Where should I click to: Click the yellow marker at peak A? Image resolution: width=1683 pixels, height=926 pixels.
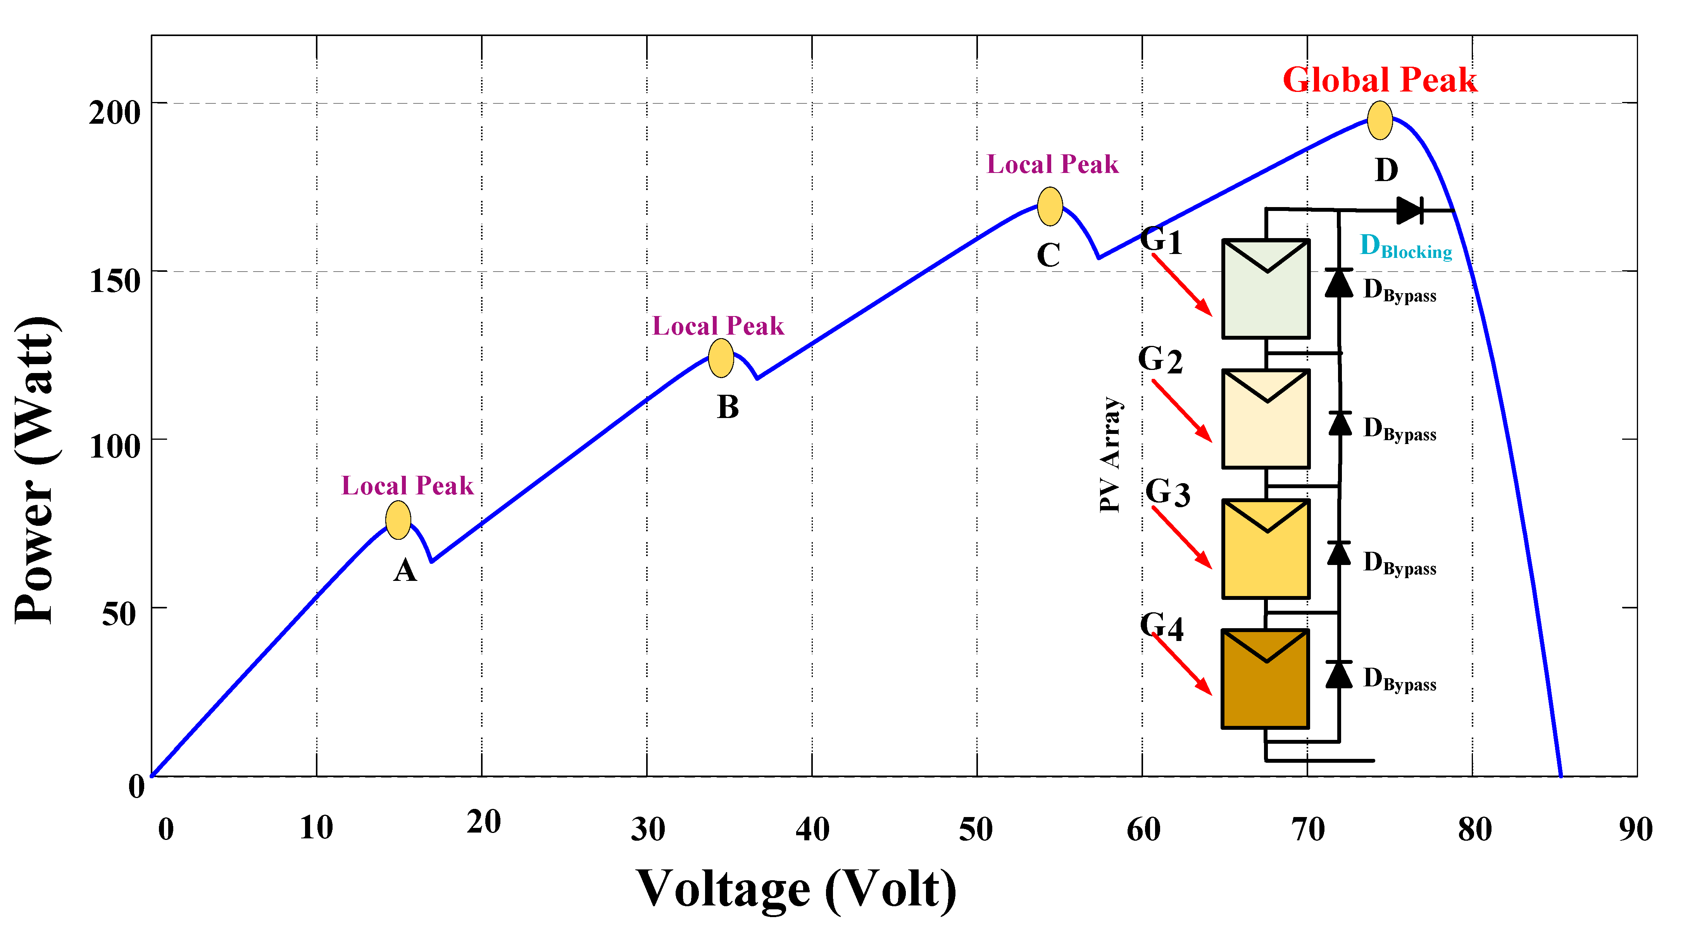click(x=398, y=520)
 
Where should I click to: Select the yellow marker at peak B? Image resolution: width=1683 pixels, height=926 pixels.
click(x=721, y=358)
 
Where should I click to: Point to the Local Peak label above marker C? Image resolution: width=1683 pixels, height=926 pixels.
click(x=1052, y=165)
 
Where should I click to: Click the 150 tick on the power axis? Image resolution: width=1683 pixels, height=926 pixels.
click(x=115, y=281)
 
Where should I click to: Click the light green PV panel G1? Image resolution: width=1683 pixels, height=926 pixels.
click(x=1266, y=289)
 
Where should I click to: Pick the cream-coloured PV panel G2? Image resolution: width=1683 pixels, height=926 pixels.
click(x=1266, y=419)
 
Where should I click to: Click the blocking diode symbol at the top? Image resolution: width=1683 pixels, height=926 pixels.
click(x=1409, y=211)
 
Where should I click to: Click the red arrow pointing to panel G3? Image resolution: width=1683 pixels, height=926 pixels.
click(x=1181, y=537)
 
